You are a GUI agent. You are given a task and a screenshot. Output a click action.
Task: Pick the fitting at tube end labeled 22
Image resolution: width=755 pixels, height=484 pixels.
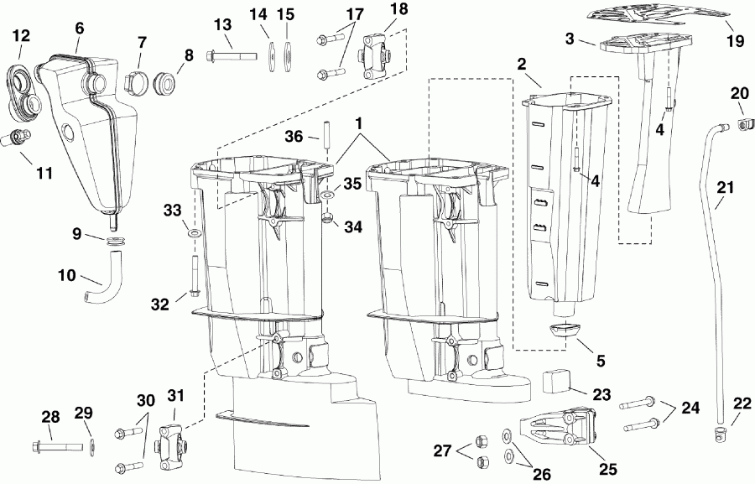click(x=717, y=433)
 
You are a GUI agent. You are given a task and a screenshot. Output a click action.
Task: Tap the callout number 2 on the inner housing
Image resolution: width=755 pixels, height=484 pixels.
click(x=522, y=65)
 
